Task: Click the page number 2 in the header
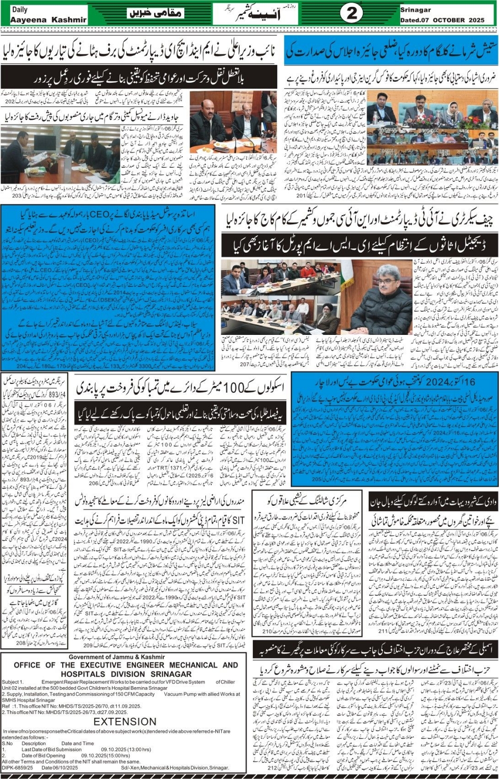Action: [x=351, y=13]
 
